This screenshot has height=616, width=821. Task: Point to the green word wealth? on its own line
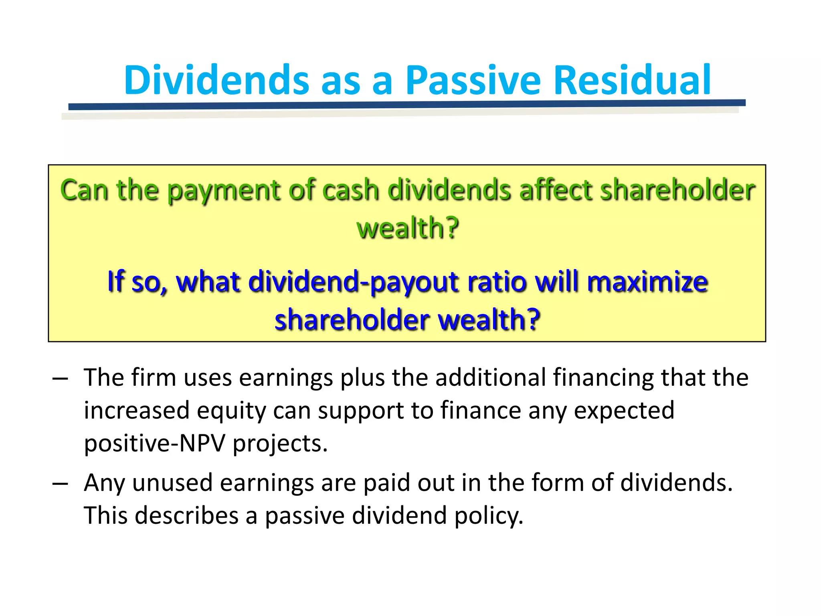[407, 228]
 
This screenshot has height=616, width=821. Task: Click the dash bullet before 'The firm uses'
[60, 379]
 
